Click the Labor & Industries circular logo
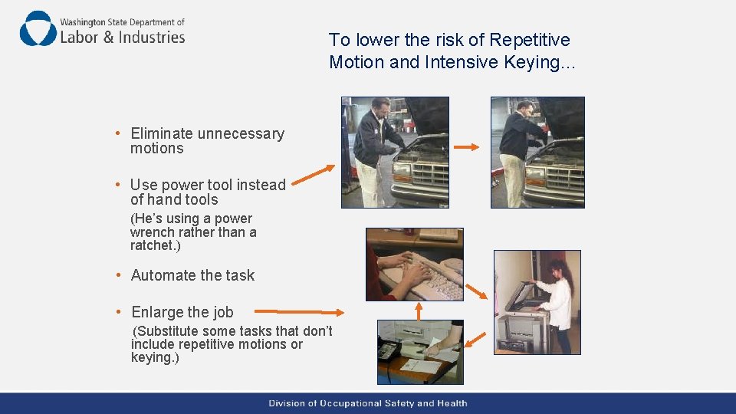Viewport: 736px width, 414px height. click(x=38, y=28)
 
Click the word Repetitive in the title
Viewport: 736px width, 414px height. click(x=530, y=40)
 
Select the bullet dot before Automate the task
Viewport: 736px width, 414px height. click(x=118, y=275)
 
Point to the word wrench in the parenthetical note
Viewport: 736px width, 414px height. click(x=151, y=232)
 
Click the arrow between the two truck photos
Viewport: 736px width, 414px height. click(x=466, y=147)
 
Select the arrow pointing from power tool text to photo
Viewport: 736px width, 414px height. click(x=313, y=175)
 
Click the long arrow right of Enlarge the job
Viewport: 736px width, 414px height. click(x=299, y=312)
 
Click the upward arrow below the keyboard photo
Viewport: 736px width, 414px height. click(x=419, y=311)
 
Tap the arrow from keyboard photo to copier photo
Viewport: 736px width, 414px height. click(x=476, y=291)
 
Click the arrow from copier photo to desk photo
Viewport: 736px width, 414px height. click(x=475, y=340)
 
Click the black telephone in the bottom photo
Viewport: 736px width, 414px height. click(x=389, y=350)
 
